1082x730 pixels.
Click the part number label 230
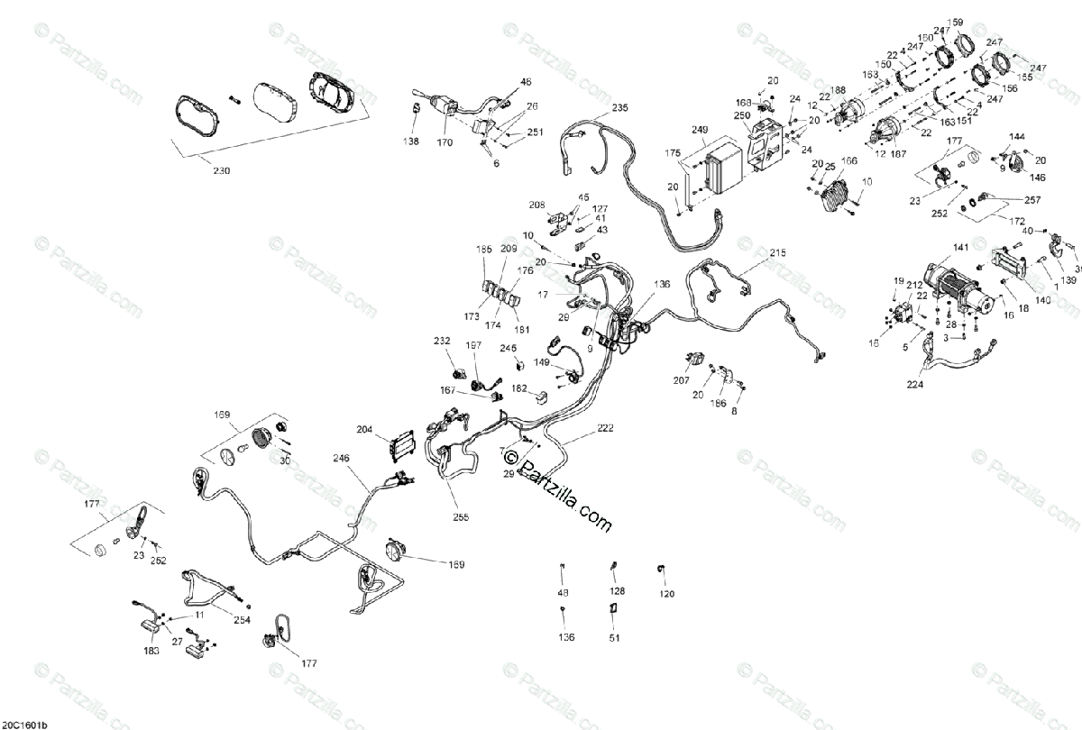(x=221, y=170)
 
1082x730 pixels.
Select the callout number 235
(x=619, y=108)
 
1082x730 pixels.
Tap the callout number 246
(x=341, y=458)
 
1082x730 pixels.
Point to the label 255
(x=462, y=517)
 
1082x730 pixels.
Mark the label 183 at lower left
(x=151, y=650)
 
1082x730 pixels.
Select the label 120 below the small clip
(x=666, y=594)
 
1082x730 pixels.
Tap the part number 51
(x=615, y=638)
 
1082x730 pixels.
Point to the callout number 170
(x=445, y=141)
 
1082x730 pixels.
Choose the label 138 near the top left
(x=411, y=141)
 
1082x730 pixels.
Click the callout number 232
(x=442, y=341)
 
